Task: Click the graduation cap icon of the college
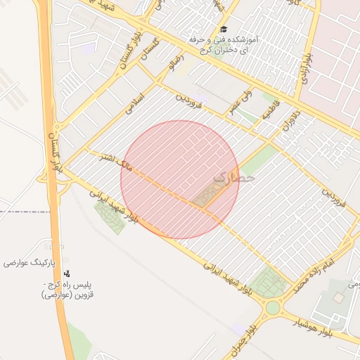tap(224, 30)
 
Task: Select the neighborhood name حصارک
tap(233, 179)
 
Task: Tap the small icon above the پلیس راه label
tap(67, 273)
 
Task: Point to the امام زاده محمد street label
tap(314, 275)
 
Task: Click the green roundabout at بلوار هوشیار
tap(272, 307)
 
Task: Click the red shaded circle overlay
tap(180, 180)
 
